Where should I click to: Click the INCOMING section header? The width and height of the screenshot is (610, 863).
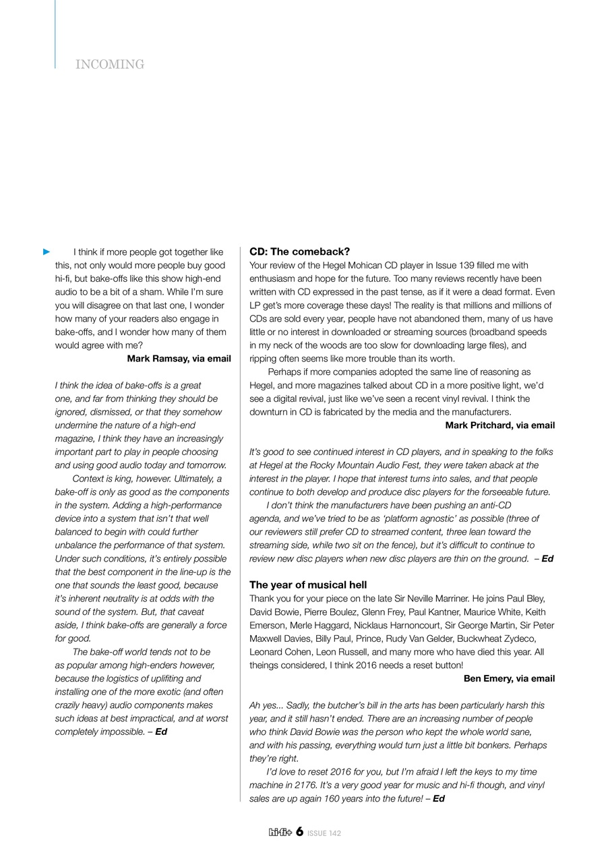(x=110, y=65)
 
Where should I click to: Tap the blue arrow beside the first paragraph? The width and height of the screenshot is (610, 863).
(x=47, y=252)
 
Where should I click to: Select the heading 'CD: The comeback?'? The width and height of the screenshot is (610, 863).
(x=299, y=251)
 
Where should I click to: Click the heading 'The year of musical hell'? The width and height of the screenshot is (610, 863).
(x=308, y=585)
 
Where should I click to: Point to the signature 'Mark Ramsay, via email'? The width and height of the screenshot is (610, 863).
(x=179, y=359)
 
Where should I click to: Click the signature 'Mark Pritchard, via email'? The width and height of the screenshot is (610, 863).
(x=499, y=425)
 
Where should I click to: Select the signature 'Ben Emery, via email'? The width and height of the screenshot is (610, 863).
(x=509, y=678)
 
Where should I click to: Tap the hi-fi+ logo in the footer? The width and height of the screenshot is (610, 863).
(x=280, y=833)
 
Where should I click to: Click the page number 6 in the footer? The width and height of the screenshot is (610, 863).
(x=299, y=832)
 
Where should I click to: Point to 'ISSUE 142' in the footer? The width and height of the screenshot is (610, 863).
(x=324, y=833)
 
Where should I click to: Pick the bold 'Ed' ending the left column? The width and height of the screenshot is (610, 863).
(x=161, y=732)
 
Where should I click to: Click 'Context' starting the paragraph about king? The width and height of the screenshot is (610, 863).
(x=88, y=479)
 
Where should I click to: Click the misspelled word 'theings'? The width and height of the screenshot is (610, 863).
(x=265, y=665)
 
